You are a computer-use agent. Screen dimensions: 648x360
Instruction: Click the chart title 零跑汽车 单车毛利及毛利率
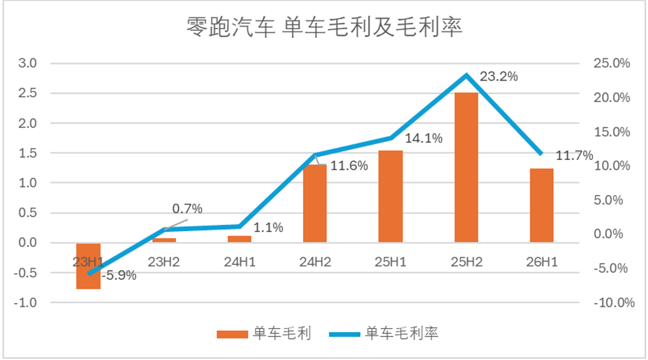click(x=324, y=27)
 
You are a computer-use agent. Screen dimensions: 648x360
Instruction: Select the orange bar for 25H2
click(x=466, y=167)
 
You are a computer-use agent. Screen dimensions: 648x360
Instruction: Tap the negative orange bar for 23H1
click(x=89, y=266)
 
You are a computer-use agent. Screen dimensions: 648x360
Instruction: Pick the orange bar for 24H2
click(x=315, y=203)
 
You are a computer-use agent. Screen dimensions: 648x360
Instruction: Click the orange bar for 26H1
click(x=542, y=205)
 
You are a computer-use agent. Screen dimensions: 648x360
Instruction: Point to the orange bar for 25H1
click(x=391, y=196)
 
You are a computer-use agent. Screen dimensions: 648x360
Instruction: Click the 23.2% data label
click(x=499, y=76)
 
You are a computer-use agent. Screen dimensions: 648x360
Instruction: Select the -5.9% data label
click(x=119, y=275)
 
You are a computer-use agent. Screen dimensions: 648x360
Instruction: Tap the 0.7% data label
click(x=187, y=208)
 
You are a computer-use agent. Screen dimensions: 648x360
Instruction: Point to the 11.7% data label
click(x=574, y=156)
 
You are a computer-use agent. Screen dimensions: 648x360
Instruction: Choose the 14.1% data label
click(x=424, y=138)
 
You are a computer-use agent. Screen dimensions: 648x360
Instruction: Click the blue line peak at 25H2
click(x=466, y=75)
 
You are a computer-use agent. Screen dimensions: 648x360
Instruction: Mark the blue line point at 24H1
click(x=240, y=226)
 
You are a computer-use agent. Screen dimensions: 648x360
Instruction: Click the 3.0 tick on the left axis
click(x=27, y=63)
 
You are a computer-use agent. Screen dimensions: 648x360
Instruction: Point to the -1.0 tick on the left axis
click(x=25, y=302)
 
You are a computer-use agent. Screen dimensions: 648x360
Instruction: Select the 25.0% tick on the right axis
click(x=612, y=63)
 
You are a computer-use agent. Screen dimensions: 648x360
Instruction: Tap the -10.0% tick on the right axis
click(x=614, y=302)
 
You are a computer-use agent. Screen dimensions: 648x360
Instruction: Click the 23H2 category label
click(x=164, y=261)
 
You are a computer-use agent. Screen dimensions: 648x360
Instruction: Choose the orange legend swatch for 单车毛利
click(x=233, y=334)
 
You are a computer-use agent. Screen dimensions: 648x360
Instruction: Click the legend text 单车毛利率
click(x=402, y=333)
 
